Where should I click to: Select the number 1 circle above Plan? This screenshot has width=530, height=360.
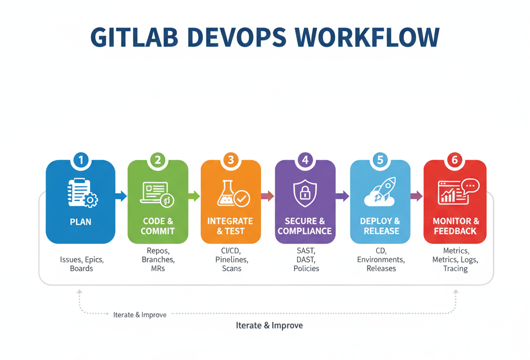point(81,160)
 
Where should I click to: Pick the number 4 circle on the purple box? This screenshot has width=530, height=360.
point(305,160)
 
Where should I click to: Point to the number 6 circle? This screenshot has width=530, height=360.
point(455,160)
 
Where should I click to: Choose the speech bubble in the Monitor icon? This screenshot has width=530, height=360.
point(470,186)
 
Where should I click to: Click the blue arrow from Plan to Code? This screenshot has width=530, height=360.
point(121,196)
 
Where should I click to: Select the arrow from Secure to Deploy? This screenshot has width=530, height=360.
point(342,196)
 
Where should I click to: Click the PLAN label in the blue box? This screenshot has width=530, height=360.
point(81,222)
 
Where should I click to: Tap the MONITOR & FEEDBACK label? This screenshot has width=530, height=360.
point(455,226)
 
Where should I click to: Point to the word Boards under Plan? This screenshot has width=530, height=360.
point(81,268)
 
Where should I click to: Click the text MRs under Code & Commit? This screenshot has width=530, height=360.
point(157,268)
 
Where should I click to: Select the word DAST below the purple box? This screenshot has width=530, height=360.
point(306,259)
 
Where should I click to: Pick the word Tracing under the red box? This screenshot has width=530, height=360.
point(455,268)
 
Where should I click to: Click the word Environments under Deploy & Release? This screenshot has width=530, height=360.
point(381,259)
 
